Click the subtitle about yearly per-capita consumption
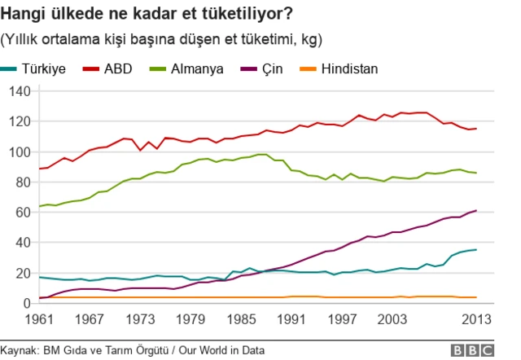162,39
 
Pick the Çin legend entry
269,68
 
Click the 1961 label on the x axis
39,318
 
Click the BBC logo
475,349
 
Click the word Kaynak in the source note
20,350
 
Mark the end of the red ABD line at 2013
476,129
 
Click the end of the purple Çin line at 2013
476,211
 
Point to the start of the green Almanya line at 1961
39,206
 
